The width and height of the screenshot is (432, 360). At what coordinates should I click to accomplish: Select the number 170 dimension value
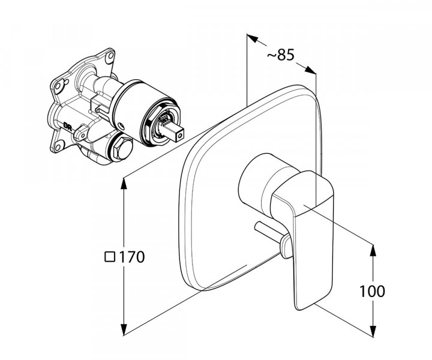(131, 257)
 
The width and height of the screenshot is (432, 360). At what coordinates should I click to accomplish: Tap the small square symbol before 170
(109, 257)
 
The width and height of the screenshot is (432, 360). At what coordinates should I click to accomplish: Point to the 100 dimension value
(373, 292)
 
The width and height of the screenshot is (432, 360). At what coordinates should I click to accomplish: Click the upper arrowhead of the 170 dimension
(124, 183)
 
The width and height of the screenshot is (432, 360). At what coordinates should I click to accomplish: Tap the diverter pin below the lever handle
(270, 235)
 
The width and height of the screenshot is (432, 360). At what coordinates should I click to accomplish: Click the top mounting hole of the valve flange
(110, 58)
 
